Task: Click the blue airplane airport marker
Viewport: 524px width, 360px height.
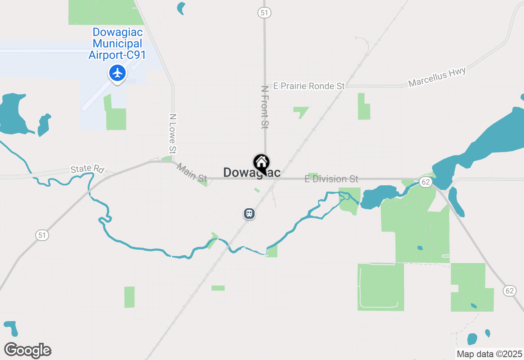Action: click(117, 74)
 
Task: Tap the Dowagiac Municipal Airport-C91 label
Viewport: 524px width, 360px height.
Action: click(117, 43)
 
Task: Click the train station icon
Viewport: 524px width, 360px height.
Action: click(249, 214)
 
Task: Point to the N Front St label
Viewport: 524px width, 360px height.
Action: click(265, 107)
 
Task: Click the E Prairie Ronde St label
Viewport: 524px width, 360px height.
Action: click(309, 86)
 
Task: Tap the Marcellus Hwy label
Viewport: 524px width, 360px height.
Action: click(437, 77)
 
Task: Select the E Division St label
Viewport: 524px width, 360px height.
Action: click(332, 179)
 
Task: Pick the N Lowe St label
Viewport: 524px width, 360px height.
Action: click(173, 134)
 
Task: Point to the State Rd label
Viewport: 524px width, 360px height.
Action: click(88, 169)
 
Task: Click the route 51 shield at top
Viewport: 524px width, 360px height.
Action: click(264, 13)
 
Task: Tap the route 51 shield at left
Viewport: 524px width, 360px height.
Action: click(42, 235)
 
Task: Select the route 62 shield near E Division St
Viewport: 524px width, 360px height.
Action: click(426, 182)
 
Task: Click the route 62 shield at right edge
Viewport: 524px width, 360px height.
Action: click(509, 291)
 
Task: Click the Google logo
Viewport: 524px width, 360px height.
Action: click(28, 350)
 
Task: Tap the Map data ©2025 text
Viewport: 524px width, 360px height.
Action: click(489, 354)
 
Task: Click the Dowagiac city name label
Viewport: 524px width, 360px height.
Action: click(252, 173)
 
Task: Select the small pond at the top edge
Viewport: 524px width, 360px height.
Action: click(181, 7)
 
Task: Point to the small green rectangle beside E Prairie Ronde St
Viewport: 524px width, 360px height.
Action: click(364, 106)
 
